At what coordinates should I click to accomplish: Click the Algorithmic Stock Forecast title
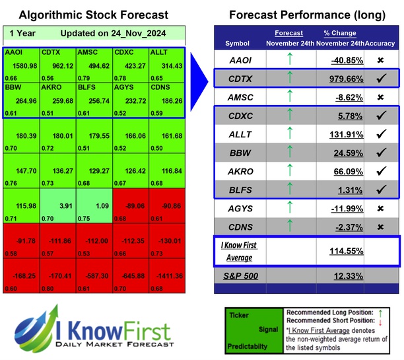[x=93, y=15]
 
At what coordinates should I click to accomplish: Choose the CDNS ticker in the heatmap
[x=160, y=87]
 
